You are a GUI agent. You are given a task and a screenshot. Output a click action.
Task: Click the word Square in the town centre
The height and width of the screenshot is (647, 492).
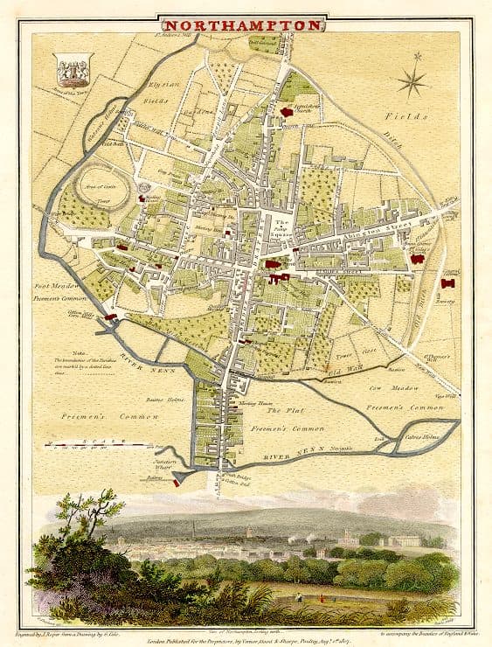(x=281, y=233)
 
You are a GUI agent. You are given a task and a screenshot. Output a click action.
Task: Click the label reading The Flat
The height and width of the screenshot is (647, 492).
(x=284, y=410)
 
